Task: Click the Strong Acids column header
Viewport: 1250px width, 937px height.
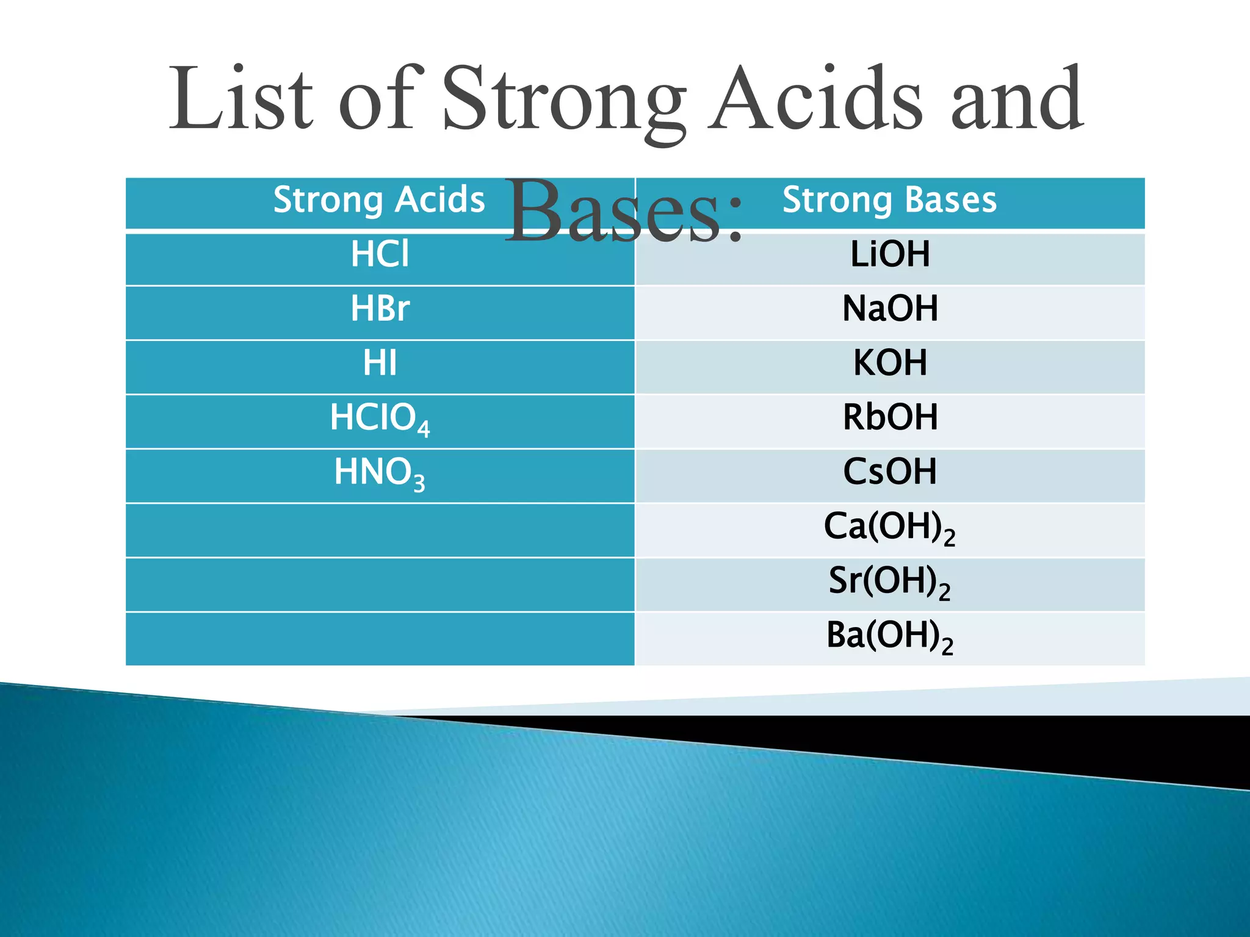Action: [379, 200]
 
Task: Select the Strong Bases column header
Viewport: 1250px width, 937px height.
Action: [889, 200]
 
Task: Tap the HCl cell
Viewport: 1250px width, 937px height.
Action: [379, 254]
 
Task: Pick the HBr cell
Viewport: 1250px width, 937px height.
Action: [379, 309]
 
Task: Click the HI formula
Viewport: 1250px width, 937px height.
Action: [379, 363]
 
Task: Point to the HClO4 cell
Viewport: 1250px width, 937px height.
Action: [379, 418]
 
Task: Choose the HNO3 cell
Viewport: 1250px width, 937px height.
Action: [379, 473]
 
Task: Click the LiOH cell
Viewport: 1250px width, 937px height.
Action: [889, 254]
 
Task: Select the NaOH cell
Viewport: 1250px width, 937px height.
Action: [889, 309]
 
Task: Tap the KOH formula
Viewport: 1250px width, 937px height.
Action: [889, 363]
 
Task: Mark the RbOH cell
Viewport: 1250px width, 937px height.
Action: [889, 417]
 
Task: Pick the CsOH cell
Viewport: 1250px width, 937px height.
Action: [889, 472]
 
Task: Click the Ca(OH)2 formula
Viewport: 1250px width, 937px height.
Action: [889, 527]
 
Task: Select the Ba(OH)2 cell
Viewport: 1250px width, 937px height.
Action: [889, 636]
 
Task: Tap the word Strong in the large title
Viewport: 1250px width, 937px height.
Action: [563, 101]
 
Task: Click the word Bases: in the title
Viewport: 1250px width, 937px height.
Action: [624, 210]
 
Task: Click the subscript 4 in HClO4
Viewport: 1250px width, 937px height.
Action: [424, 429]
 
